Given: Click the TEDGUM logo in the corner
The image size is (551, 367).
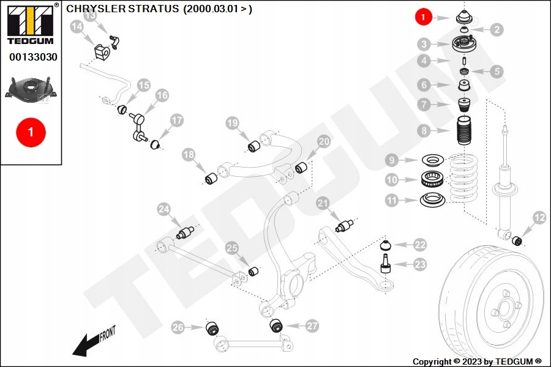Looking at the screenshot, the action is [x=31, y=24].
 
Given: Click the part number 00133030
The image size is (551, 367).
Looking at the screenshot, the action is [x=33, y=57].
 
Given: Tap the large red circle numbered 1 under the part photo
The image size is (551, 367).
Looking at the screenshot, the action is [x=31, y=132].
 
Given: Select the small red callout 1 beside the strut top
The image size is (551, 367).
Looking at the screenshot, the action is [x=423, y=17].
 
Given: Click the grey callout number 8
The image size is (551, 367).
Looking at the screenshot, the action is [x=424, y=131].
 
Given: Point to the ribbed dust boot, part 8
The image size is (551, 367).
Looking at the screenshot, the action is [x=464, y=132].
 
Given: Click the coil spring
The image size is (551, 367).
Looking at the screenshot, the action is [x=464, y=177].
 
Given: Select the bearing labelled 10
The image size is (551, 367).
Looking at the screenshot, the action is [x=432, y=179].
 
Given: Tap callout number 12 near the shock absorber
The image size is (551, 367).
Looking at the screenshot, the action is [x=539, y=217].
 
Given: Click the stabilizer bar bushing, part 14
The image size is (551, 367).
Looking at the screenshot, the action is [x=102, y=51].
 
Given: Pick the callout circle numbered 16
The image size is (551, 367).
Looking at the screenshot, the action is [x=162, y=95].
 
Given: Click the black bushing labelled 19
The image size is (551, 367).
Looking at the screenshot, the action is [x=254, y=146].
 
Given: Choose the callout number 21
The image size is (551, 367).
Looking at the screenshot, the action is [x=323, y=202].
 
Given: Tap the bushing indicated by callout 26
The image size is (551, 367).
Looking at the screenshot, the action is [x=212, y=328].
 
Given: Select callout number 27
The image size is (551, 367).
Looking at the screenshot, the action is [x=312, y=326].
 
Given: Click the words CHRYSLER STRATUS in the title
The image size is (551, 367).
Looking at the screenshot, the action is [x=122, y=9].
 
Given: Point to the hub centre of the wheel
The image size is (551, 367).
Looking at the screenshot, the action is [x=504, y=309].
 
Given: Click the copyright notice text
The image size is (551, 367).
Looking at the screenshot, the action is [x=477, y=361].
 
